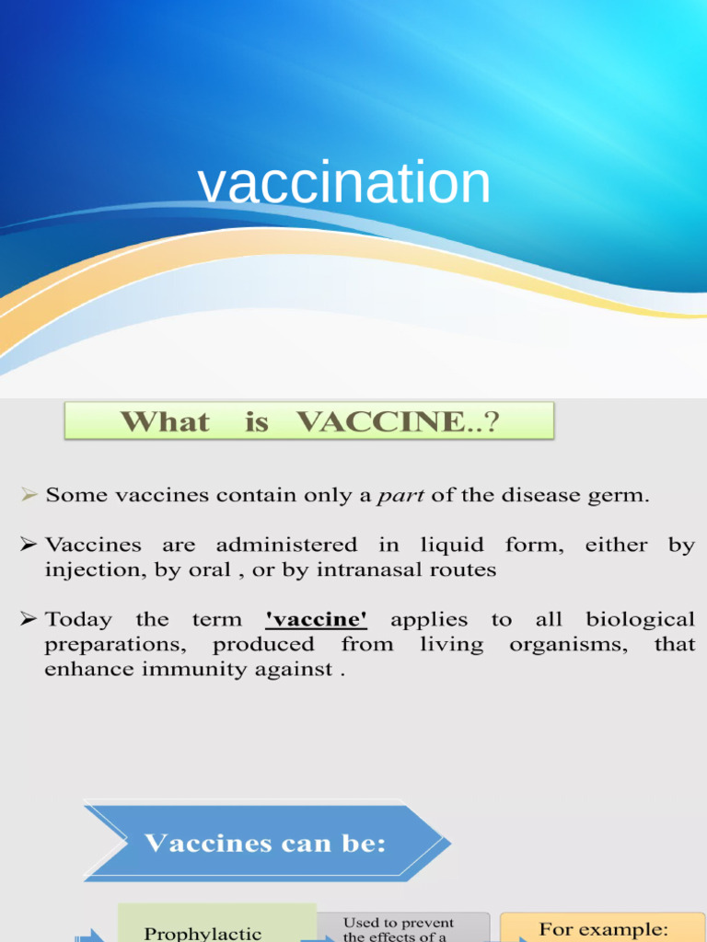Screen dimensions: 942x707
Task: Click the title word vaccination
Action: [343, 182]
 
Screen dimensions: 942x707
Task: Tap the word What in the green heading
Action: [165, 422]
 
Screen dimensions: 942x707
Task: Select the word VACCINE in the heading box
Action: [381, 422]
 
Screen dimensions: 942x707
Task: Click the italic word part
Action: [400, 496]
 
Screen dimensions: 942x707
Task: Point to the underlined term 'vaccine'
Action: [316, 620]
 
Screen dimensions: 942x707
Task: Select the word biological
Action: [640, 620]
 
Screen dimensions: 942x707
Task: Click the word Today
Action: [78, 620]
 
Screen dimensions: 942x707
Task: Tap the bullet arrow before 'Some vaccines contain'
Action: [30, 496]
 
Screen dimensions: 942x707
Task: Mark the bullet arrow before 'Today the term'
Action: [30, 620]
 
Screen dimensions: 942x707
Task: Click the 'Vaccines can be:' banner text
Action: [265, 844]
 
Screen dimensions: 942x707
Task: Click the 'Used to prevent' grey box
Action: [402, 927]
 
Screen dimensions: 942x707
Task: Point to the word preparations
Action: [115, 645]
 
